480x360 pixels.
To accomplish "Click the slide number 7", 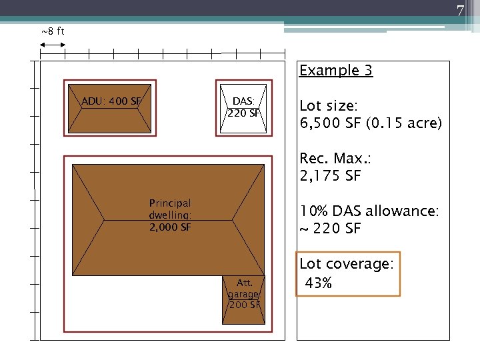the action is point(460,11).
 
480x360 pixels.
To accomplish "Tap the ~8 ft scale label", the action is point(53,31).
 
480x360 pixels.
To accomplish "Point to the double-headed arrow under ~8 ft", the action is point(53,45).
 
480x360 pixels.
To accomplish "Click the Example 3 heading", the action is point(336,71).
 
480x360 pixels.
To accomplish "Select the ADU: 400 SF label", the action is point(111,101).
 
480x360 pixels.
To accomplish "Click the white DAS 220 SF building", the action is point(243,109).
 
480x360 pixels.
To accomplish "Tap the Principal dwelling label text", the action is point(170,209).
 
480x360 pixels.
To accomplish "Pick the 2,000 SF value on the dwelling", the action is point(170,227).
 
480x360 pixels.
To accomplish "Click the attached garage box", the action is point(244,300).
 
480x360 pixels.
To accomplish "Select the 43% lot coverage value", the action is point(319,283).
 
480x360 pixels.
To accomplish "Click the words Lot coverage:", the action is point(346,264).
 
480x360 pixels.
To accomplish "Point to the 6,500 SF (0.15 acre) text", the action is point(371,123).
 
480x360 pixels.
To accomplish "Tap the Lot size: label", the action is point(329,105).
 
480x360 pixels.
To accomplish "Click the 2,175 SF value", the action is point(330,176).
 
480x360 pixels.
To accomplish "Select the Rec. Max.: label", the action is point(335,158).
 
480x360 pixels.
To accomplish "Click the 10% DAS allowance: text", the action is point(369,211).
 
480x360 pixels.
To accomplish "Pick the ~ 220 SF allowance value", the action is point(330,229).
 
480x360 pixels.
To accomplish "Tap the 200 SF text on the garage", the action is point(245,305).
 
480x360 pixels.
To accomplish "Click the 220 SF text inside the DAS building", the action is point(243,113).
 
